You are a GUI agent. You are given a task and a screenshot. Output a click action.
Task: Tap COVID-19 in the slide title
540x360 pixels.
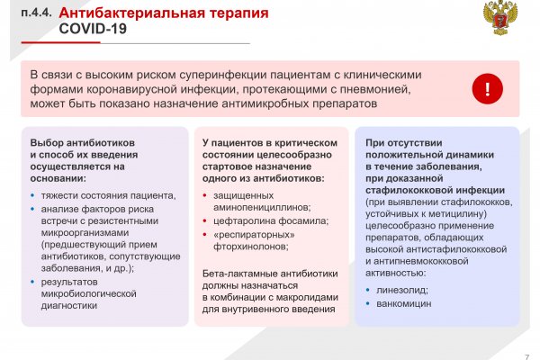point(93,29)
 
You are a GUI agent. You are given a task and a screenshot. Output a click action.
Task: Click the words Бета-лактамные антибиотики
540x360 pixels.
point(269,274)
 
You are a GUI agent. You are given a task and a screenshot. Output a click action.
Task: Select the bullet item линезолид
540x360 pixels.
point(403,289)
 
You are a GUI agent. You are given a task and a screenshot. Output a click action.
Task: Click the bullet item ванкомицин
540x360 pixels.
point(405,304)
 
